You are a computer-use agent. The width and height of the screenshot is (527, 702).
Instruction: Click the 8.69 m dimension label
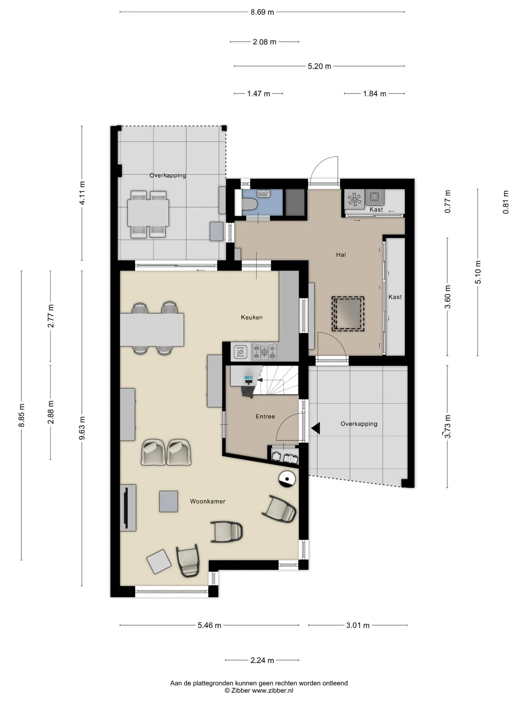[262, 12]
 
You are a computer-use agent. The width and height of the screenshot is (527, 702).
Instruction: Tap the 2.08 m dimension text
[265, 42]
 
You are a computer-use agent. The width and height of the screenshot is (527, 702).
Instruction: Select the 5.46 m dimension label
[209, 625]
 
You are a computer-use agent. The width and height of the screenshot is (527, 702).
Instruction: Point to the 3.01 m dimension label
[358, 625]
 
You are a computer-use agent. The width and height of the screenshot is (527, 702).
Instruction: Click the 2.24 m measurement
[262, 660]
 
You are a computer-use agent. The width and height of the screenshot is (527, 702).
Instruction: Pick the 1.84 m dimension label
[374, 94]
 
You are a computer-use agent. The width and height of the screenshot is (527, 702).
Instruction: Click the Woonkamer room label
[208, 501]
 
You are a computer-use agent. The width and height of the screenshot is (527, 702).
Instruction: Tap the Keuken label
[252, 317]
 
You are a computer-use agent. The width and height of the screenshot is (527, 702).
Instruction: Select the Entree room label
[265, 416]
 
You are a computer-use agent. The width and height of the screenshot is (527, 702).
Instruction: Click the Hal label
[341, 255]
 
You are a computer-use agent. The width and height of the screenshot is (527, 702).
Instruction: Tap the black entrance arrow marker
[315, 427]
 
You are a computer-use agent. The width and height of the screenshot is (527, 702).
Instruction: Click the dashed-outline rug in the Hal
[348, 314]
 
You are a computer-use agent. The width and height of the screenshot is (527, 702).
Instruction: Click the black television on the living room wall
[127, 507]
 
